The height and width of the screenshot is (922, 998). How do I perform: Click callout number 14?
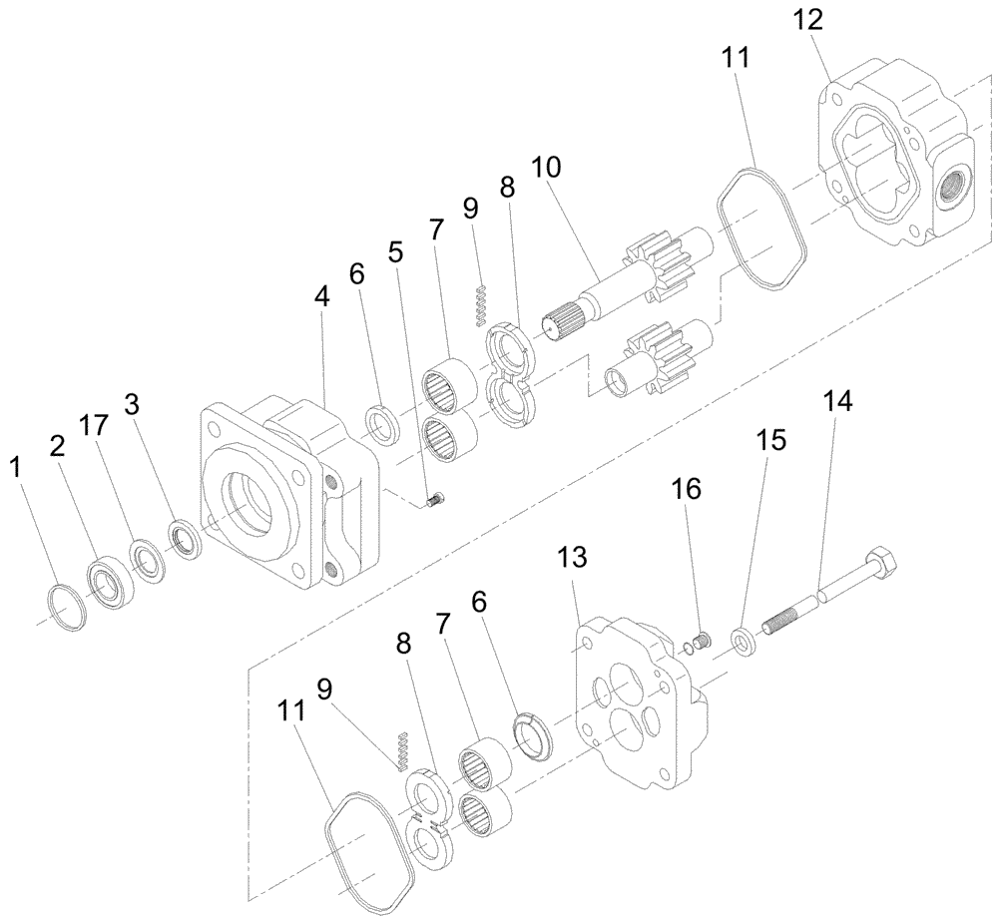click(838, 403)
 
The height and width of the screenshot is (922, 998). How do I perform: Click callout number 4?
click(322, 297)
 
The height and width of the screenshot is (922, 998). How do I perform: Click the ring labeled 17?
click(147, 558)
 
